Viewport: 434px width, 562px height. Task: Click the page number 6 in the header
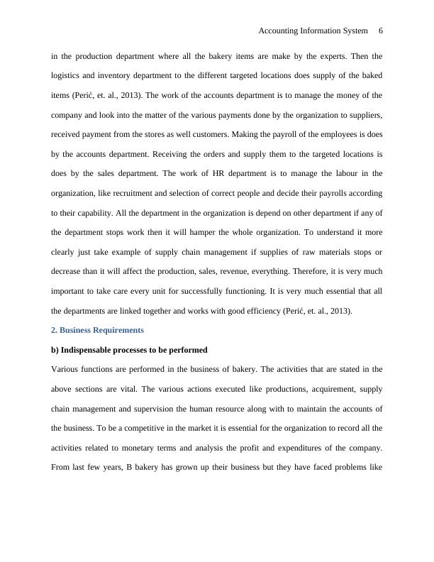(381, 31)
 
